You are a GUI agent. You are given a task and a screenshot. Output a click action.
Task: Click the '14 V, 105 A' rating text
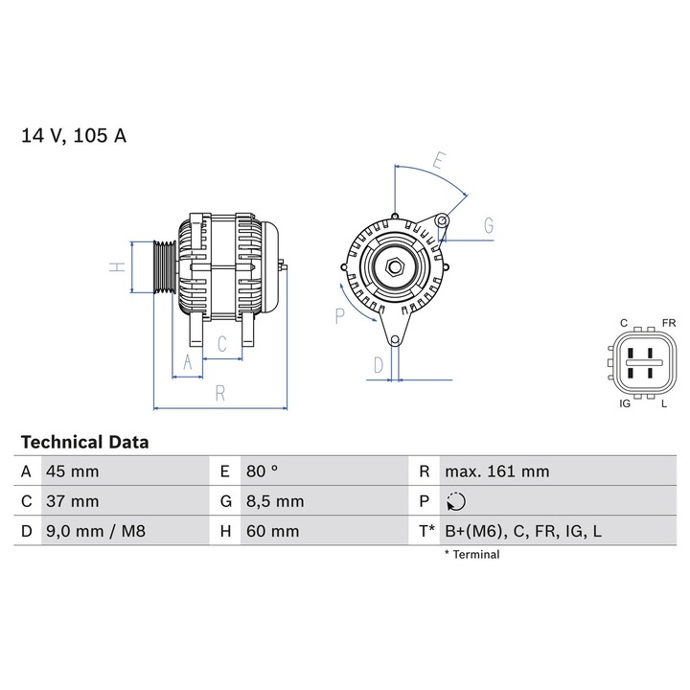(74, 135)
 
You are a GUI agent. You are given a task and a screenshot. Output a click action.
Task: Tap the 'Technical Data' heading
(84, 443)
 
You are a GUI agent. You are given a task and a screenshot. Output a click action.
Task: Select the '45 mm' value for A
(73, 471)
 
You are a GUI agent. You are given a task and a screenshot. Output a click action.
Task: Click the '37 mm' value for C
(73, 501)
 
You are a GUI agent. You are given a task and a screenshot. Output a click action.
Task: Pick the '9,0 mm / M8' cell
(95, 531)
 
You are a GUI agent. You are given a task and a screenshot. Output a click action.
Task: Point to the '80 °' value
(262, 471)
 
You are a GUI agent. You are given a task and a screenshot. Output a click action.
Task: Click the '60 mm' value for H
(272, 531)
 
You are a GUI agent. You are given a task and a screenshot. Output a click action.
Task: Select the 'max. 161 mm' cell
(496, 471)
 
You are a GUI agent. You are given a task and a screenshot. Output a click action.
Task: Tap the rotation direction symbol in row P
(456, 501)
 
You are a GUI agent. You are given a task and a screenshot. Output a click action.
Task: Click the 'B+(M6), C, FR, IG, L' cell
(522, 531)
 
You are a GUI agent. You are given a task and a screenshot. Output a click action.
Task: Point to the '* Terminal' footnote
(471, 554)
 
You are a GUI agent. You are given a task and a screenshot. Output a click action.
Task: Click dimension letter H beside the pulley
(116, 268)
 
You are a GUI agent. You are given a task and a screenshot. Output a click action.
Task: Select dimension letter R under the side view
(219, 393)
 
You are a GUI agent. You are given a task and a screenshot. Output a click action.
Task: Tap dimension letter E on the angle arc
(438, 161)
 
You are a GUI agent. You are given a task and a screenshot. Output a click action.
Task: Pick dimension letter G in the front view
(488, 226)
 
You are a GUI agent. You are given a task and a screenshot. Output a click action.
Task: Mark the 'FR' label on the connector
(668, 323)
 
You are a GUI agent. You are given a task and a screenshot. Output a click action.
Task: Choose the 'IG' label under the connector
(625, 404)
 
